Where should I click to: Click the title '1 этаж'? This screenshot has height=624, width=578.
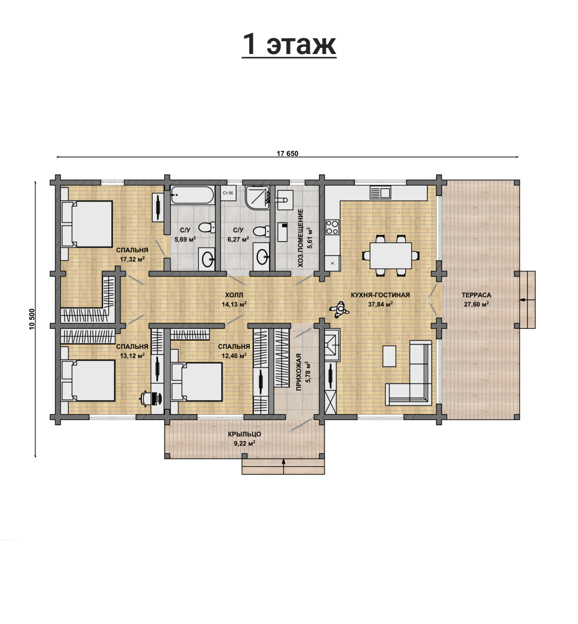tap(289, 44)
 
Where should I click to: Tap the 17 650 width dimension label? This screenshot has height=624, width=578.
tap(287, 154)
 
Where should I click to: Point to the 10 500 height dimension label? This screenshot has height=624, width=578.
tap(32, 319)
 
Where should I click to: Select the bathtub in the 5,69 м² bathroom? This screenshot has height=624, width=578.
tap(192, 195)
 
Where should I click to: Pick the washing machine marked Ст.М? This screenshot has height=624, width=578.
tap(228, 193)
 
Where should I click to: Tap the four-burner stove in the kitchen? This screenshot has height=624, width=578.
tap(332, 227)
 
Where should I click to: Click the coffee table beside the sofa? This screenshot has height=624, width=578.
tap(389, 356)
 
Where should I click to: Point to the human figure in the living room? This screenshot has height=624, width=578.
tap(339, 310)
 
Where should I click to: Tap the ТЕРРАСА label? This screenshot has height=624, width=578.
tap(476, 295)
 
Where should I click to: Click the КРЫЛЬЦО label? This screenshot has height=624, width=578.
tap(245, 434)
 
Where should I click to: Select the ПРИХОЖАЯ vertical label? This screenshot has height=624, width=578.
tap(299, 372)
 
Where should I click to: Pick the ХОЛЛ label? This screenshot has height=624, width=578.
tap(234, 295)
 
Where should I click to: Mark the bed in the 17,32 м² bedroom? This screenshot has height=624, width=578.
tap(87, 224)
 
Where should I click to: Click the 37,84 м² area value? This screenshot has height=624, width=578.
tap(381, 304)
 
